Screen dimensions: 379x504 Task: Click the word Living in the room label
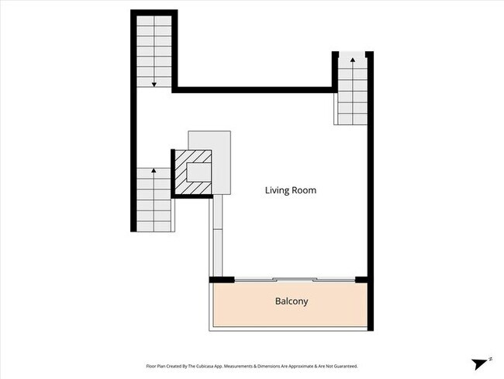tap(278, 190)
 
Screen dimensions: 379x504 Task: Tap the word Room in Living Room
tap(304, 190)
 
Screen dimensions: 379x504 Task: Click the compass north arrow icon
tap(480, 363)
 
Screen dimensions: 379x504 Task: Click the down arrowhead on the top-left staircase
tap(154, 83)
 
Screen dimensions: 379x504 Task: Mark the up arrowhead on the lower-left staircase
tap(154, 169)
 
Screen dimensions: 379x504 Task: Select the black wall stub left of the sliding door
tap(222, 280)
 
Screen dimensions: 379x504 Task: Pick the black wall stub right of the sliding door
tap(361, 280)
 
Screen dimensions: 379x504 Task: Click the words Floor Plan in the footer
tap(157, 365)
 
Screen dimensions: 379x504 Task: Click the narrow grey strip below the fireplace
tap(216, 233)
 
